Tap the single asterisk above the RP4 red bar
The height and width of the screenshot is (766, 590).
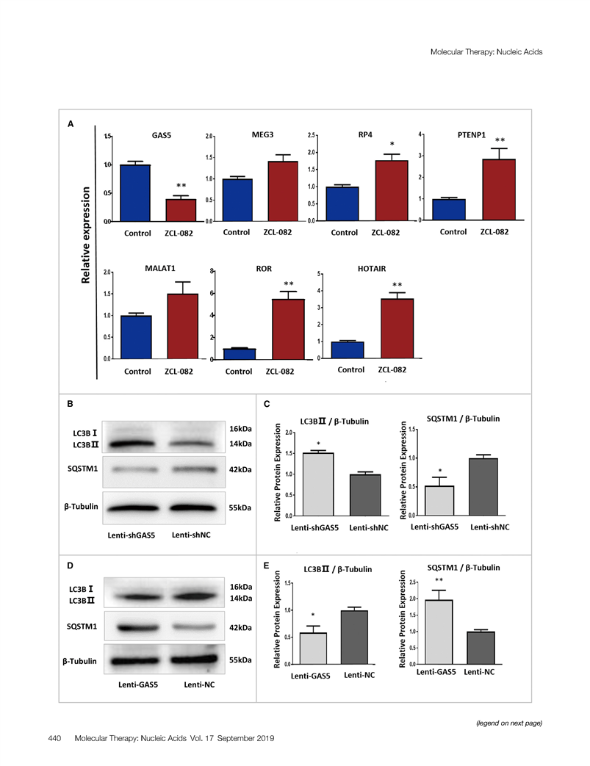392,145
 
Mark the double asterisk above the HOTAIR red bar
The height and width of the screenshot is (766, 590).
397,285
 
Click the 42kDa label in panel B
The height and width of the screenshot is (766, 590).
242,469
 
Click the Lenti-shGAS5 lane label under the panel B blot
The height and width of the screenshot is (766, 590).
132,535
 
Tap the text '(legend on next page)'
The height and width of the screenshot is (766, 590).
510,723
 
